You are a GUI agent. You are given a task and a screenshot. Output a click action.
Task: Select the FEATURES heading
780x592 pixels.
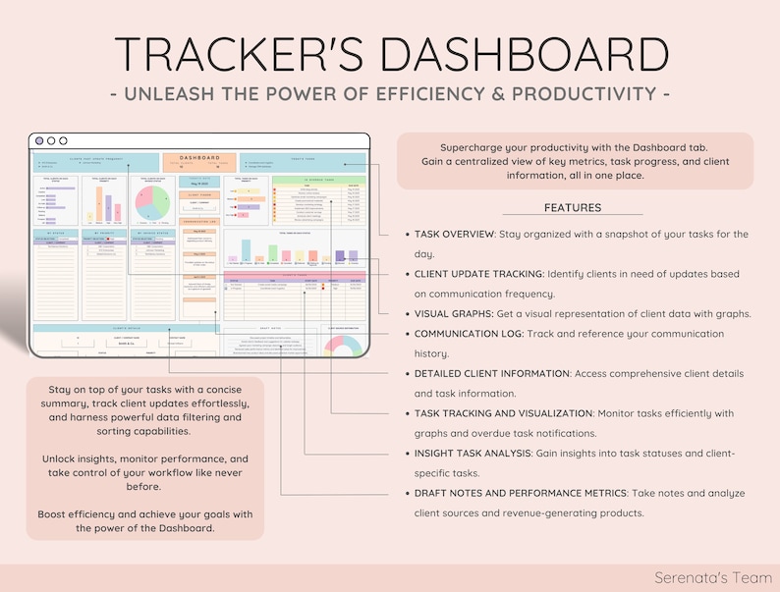click(x=572, y=208)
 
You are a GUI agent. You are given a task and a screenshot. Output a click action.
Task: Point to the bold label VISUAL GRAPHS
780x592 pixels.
click(x=457, y=314)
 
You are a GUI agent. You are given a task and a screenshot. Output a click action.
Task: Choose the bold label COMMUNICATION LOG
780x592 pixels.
click(x=468, y=334)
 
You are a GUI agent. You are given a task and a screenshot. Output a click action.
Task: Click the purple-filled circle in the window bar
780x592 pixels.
click(x=39, y=140)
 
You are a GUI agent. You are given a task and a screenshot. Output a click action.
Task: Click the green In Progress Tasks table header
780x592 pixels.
click(x=318, y=181)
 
